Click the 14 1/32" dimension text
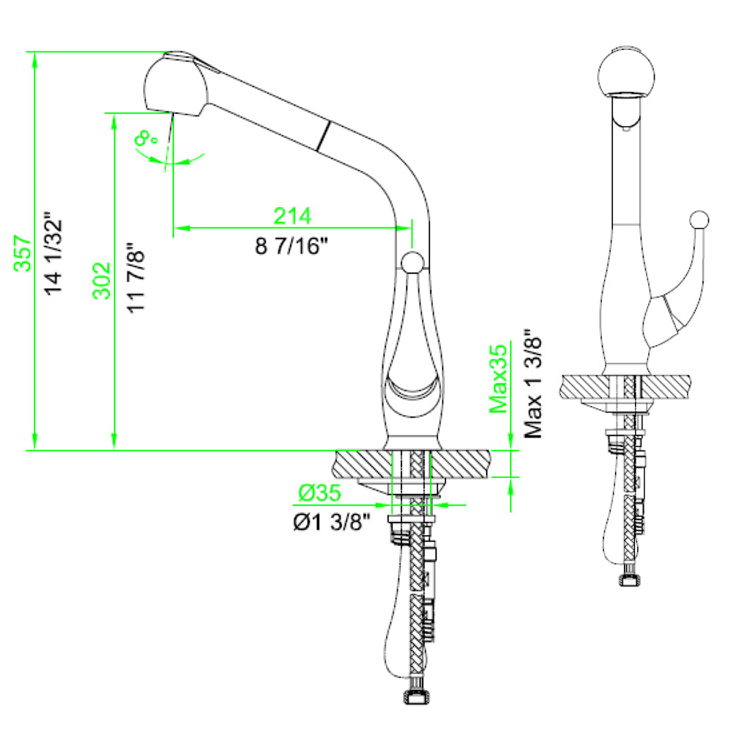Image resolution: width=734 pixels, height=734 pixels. click(53, 253)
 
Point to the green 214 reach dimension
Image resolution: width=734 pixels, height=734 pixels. click(293, 216)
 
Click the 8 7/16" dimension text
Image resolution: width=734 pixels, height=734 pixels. click(291, 246)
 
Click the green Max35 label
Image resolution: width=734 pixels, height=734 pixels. click(500, 379)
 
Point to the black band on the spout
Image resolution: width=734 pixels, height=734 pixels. click(321, 137)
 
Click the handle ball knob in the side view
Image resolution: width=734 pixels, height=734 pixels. click(412, 262)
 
